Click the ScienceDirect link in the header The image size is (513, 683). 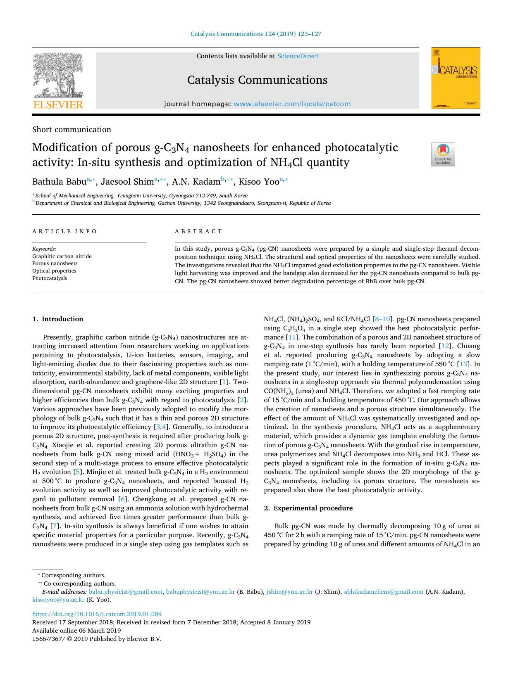(298, 56)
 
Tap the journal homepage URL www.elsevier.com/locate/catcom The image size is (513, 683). (292, 104)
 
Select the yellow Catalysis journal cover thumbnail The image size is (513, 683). (456, 78)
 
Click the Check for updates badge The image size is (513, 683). (443, 154)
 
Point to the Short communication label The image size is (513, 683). (72, 130)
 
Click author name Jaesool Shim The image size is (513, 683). (127, 182)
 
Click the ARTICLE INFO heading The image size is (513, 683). (65, 232)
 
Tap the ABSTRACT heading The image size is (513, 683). (199, 232)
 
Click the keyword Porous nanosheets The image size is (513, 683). (55, 263)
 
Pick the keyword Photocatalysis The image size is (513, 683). (50, 278)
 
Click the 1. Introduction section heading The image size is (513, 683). (57, 319)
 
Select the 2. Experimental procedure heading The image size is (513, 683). (308, 508)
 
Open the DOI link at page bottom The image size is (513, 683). (97, 614)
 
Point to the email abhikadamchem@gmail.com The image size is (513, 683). (384, 592)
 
